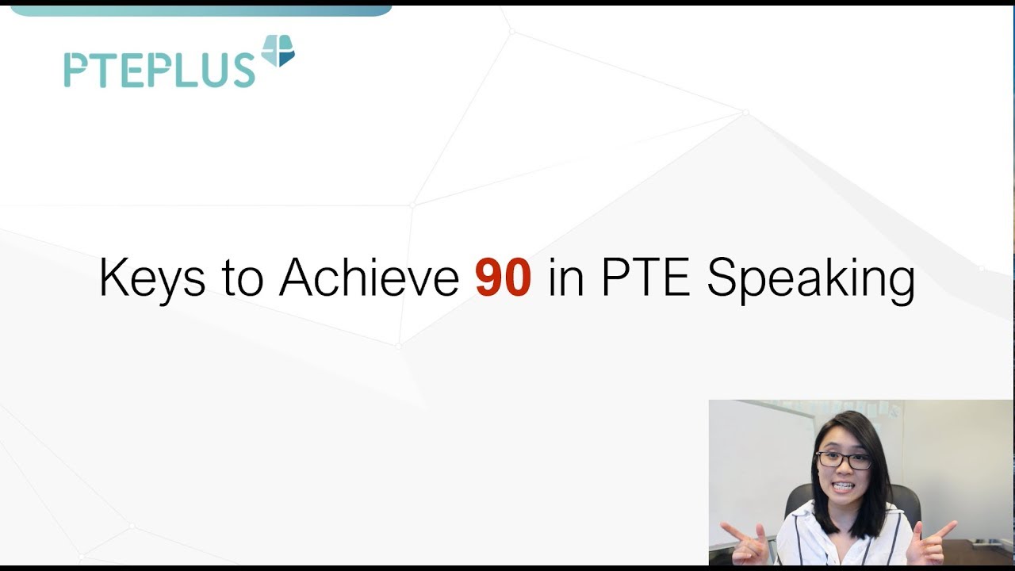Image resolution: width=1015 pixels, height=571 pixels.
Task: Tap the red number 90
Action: click(x=503, y=278)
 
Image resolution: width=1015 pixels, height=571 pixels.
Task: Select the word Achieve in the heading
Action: click(x=369, y=278)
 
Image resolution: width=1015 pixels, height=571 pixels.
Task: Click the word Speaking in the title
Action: click(x=810, y=280)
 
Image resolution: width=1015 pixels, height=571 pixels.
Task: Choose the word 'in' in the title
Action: click(x=565, y=278)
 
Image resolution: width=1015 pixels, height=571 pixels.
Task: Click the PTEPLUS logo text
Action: click(x=159, y=70)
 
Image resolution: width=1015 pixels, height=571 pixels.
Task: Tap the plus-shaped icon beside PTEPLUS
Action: click(x=278, y=52)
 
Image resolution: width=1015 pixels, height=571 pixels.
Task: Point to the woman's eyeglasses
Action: click(x=844, y=459)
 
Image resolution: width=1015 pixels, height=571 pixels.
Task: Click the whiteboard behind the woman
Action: click(x=753, y=460)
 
